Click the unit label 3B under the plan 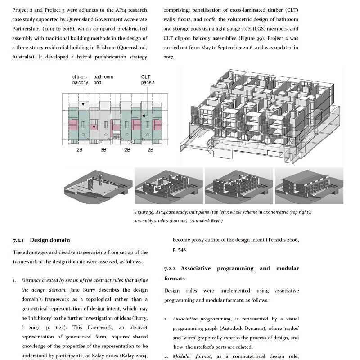(x=103, y=150)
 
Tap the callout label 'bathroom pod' (x=103, y=80)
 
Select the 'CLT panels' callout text (x=148, y=80)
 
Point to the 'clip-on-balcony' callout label (x=80, y=80)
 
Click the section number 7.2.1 (x=18, y=240)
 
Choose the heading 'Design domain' (x=50, y=240)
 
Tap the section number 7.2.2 (x=170, y=269)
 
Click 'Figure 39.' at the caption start (x=144, y=212)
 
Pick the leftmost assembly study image (x=99, y=187)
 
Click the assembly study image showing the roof (x=309, y=186)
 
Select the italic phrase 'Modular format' (x=192, y=356)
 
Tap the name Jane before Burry (x=75, y=290)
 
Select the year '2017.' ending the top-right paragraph (x=169, y=57)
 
